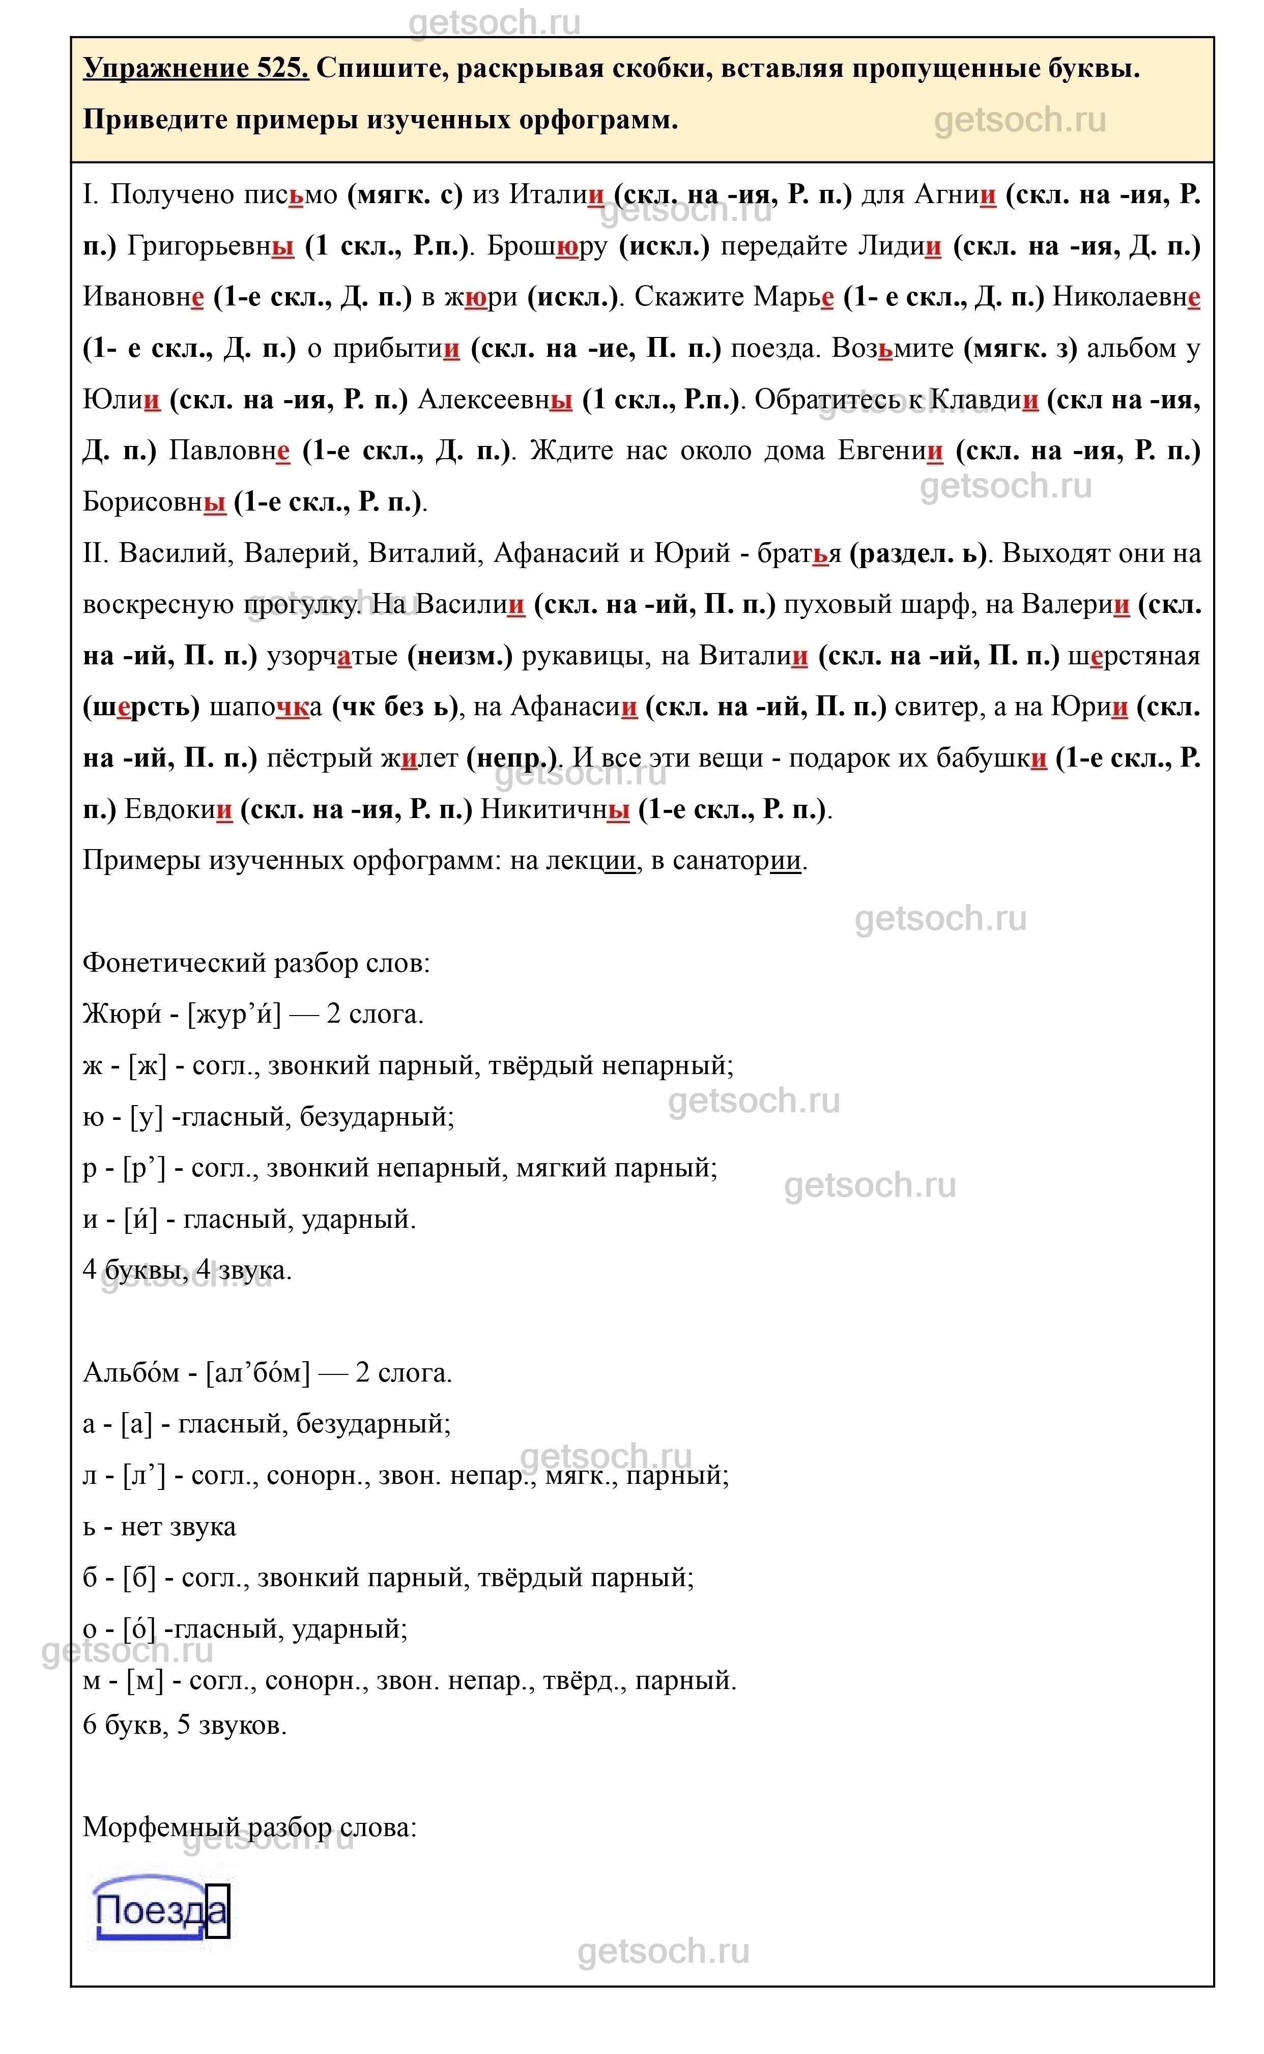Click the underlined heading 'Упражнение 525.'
point(195,69)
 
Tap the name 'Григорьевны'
point(211,247)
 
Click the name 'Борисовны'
point(155,502)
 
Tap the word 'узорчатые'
point(332,657)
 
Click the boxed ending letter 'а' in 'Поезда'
point(217,1911)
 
